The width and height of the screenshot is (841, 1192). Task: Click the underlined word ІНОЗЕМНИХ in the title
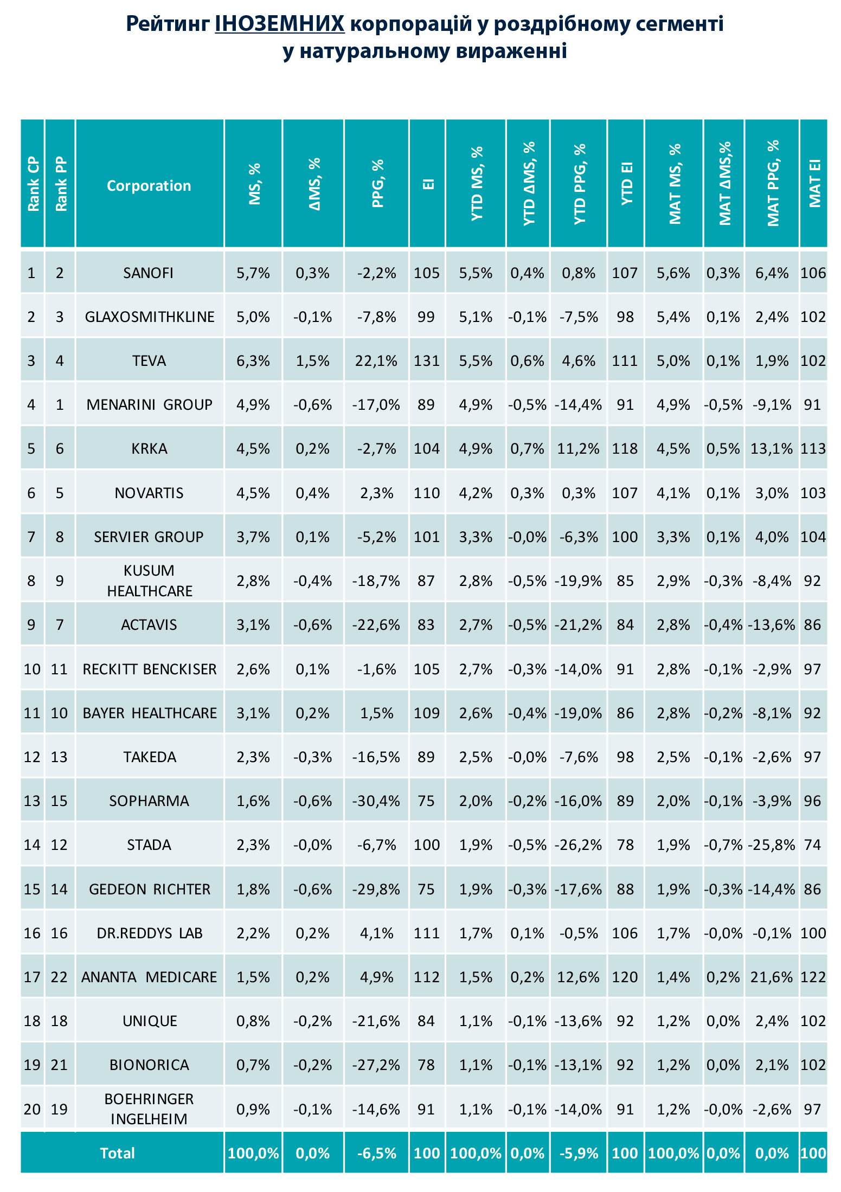280,24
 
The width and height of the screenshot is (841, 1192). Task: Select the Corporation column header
149,186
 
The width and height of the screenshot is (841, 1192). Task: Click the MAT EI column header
814,183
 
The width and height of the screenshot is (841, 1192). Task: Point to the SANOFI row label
149,273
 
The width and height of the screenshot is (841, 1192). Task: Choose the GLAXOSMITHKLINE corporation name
150,317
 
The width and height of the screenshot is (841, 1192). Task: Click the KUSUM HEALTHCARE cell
150,581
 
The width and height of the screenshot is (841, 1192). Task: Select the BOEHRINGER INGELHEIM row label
149,1109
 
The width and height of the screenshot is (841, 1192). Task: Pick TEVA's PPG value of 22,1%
377,361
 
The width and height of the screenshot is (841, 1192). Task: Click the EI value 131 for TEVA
427,361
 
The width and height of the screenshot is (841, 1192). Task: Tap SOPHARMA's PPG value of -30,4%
376,801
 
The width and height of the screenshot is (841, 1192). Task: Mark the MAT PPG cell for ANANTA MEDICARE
772,977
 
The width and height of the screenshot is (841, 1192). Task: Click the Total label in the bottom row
117,1153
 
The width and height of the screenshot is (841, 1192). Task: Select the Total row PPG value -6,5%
377,1153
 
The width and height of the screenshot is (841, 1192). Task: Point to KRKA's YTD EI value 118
625,449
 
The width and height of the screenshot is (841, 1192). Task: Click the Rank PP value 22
59,977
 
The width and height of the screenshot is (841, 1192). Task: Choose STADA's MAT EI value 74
813,845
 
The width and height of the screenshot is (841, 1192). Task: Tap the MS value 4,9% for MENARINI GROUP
253,405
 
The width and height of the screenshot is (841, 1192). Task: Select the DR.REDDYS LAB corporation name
150,933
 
